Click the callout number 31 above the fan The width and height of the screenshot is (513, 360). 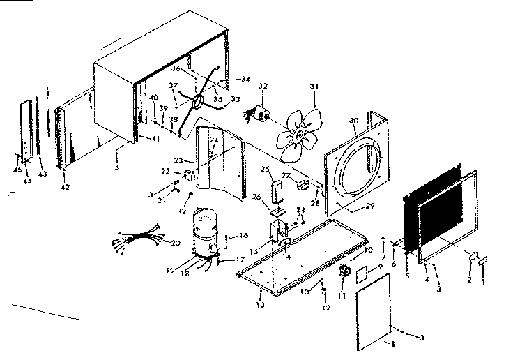[x=314, y=87]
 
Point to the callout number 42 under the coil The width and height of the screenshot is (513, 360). [x=64, y=187]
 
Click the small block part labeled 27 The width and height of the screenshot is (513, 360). [x=303, y=185]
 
